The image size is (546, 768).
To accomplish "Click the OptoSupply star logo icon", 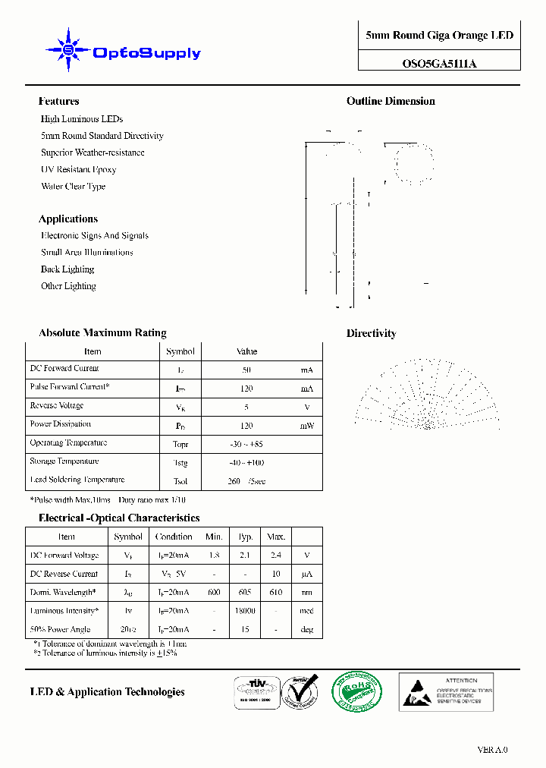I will pyautogui.click(x=68, y=50).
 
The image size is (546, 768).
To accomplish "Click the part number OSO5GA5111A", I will pyautogui.click(x=439, y=65).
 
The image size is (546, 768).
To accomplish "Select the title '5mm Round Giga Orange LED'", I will pyautogui.click(x=439, y=36).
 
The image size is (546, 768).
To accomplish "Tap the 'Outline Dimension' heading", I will pyautogui.click(x=391, y=101).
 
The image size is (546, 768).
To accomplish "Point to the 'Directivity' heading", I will pyautogui.click(x=371, y=333).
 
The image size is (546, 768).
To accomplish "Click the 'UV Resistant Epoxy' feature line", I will pyautogui.click(x=78, y=169).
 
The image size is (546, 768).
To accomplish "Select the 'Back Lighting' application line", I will pyautogui.click(x=67, y=269).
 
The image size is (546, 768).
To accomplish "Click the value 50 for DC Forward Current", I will pyautogui.click(x=246, y=370).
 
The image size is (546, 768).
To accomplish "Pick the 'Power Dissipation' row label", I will pyautogui.click(x=61, y=424).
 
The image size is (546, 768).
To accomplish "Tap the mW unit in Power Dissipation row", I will pyautogui.click(x=306, y=426).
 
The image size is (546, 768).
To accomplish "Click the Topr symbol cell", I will pyautogui.click(x=180, y=444).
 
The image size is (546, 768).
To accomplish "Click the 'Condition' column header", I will pyautogui.click(x=174, y=537).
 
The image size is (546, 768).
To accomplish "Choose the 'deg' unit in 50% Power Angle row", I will pyautogui.click(x=306, y=630).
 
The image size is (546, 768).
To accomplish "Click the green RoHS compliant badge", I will pyautogui.click(x=357, y=691).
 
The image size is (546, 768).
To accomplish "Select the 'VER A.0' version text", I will pyautogui.click(x=492, y=750).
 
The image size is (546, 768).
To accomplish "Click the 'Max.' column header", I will pyautogui.click(x=275, y=537).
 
